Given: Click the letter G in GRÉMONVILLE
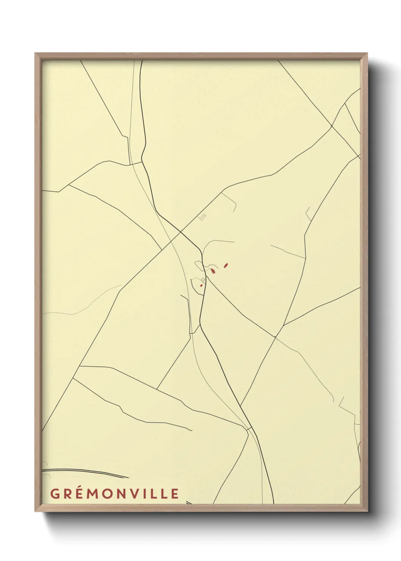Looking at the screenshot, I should click(x=55, y=494).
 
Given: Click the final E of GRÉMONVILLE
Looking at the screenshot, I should click(x=174, y=494).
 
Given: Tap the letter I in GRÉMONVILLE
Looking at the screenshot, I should click(x=146, y=494).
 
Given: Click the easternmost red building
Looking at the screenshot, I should click(x=226, y=265).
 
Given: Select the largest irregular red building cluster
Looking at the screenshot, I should click(x=213, y=271).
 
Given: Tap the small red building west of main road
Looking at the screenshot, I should click(x=201, y=285).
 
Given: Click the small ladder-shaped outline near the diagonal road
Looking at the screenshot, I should click(x=202, y=217).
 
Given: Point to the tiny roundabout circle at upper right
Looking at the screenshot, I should click(x=332, y=126).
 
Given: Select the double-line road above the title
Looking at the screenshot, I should click(x=83, y=472).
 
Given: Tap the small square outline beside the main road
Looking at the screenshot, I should click(x=203, y=280).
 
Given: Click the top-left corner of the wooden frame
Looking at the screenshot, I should click(x=35, y=54).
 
